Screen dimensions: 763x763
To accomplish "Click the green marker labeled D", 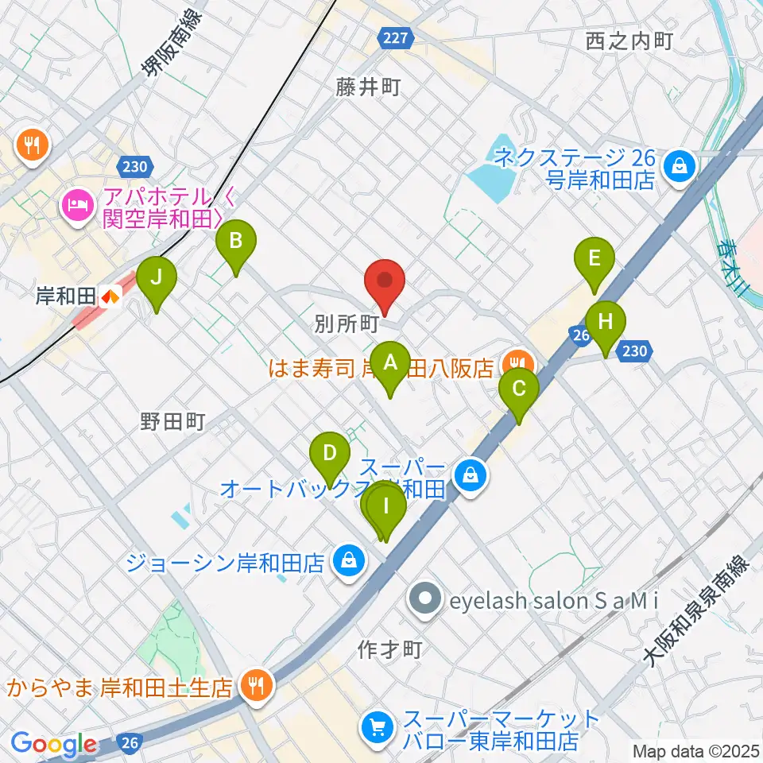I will click(x=330, y=455).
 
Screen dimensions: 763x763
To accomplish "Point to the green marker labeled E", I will click(x=595, y=260).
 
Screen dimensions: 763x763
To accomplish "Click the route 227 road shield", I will click(x=394, y=38).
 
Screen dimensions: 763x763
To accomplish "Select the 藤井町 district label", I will click(x=367, y=88).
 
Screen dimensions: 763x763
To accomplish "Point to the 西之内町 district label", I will click(x=629, y=41).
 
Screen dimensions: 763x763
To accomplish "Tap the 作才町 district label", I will click(x=389, y=649).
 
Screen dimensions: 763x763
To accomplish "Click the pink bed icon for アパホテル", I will click(x=76, y=205).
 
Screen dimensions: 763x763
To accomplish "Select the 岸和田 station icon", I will click(x=110, y=296).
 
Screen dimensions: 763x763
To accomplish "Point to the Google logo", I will click(x=54, y=744).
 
